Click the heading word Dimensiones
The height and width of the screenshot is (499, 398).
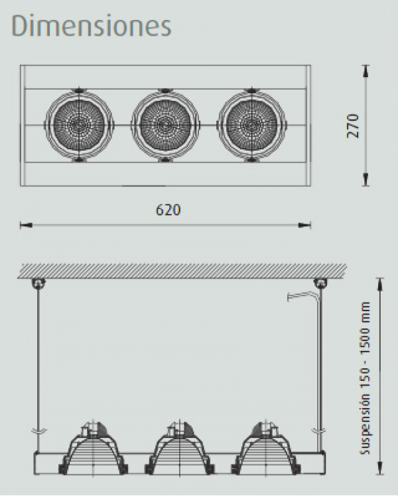[92, 25]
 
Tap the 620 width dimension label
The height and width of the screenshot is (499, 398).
[168, 210]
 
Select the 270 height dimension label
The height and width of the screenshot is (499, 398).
[353, 125]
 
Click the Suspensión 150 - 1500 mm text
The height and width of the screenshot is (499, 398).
[365, 378]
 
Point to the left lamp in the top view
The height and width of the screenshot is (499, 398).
[79, 125]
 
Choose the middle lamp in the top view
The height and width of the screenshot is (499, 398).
[165, 125]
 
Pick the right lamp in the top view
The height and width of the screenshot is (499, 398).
[251, 125]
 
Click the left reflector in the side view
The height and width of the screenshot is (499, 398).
[94, 448]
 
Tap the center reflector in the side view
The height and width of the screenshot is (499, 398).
[180, 448]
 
